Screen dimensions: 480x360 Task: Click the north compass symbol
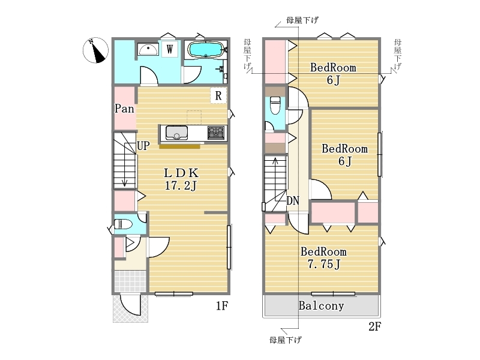tap(96, 50)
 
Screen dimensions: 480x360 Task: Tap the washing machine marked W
tap(170, 49)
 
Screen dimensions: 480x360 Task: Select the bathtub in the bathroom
tap(205, 49)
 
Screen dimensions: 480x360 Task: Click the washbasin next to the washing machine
tap(148, 49)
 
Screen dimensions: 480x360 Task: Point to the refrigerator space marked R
tap(218, 95)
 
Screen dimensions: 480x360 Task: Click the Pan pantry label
tap(124, 109)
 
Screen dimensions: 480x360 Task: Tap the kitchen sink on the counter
tap(176, 133)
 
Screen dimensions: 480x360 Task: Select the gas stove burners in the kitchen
tap(216, 133)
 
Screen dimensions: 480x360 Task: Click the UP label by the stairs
tap(143, 146)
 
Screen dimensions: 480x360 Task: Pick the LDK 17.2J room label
tap(181, 179)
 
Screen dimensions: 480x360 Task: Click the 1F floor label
tap(222, 305)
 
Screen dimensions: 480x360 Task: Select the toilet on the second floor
tap(275, 106)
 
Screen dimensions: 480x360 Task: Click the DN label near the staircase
tap(293, 201)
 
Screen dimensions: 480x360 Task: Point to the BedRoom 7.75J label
tap(323, 258)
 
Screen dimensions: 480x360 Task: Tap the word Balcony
tap(321, 305)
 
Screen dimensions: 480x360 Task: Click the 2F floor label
tap(374, 326)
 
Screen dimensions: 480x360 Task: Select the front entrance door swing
tap(130, 305)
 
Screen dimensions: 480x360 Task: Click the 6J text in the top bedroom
tap(333, 80)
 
